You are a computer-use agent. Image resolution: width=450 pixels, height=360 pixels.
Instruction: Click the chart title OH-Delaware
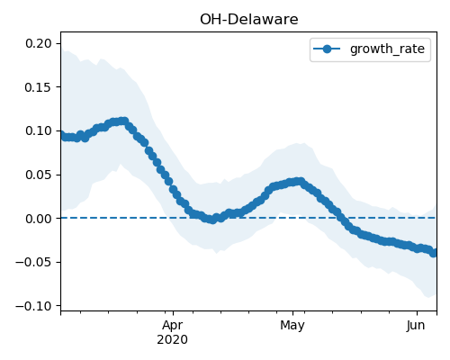[248, 20]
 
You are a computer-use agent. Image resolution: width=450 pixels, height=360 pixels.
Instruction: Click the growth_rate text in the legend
[387, 49]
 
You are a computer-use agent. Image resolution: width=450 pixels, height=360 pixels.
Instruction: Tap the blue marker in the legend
[327, 49]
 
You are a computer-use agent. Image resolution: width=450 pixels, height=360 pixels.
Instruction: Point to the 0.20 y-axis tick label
[39, 43]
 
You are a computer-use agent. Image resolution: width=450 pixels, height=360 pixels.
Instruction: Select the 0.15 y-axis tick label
[39, 87]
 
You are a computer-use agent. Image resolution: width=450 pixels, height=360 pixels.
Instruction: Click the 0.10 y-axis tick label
[39, 131]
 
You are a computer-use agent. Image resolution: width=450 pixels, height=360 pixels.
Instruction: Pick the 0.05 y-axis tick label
[39, 175]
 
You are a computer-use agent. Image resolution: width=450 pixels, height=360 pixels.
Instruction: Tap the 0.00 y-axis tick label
[39, 219]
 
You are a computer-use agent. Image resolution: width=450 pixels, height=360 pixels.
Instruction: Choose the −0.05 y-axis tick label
[34, 263]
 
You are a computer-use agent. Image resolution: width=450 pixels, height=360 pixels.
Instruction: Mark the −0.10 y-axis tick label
[34, 306]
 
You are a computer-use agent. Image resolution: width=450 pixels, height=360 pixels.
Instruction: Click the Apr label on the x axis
[173, 326]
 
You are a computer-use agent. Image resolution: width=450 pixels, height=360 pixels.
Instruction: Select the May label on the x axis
[292, 326]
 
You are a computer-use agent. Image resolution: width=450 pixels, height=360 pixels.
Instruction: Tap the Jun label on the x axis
[416, 326]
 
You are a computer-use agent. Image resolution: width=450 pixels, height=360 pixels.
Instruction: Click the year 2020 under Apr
[173, 340]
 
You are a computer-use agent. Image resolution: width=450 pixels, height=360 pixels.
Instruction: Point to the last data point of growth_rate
[434, 253]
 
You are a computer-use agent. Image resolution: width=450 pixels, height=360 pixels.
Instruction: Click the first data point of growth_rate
[61, 135]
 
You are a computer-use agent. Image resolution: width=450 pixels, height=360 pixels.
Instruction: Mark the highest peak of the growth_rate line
[123, 121]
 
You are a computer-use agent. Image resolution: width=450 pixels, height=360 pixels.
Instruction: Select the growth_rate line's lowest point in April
[212, 220]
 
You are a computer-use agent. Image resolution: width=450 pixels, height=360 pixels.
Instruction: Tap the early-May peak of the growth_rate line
[300, 182]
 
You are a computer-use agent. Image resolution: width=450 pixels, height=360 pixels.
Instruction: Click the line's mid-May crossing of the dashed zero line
[340, 218]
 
